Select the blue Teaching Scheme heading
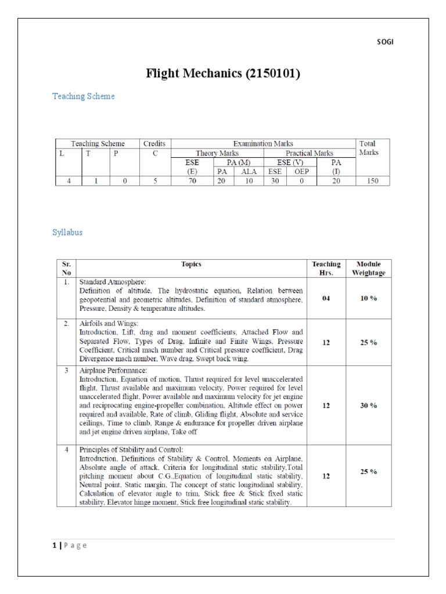84,96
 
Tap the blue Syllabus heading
67,233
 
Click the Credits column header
154,143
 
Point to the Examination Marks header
263,143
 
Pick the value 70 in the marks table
192,181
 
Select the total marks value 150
372,181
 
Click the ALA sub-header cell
249,172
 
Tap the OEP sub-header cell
301,172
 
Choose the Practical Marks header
309,153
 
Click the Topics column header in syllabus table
191,265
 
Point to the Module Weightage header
369,269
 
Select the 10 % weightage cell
369,298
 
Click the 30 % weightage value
369,405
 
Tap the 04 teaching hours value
326,298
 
